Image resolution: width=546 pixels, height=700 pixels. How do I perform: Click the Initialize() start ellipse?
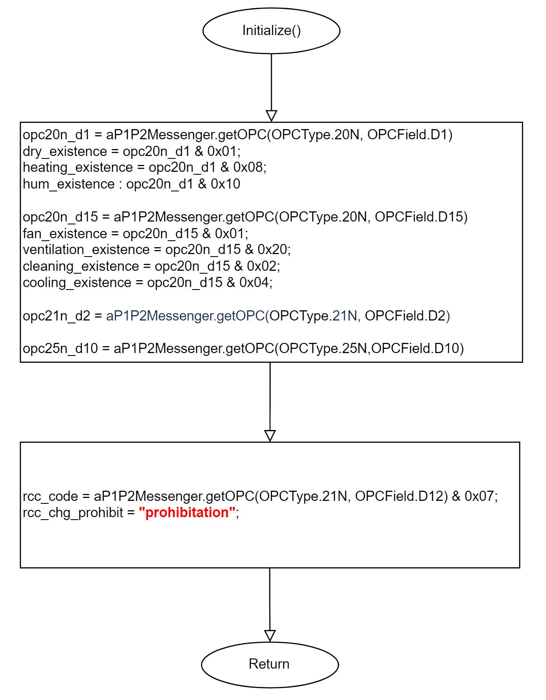tap(271, 31)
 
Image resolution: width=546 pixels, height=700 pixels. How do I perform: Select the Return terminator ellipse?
tap(270, 664)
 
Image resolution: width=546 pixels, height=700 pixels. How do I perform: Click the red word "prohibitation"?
tap(187, 512)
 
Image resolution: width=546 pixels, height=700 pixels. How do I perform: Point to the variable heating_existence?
tap(78, 168)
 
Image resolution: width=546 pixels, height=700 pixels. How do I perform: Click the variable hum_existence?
tap(69, 184)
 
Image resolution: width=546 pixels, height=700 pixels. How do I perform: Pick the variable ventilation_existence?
tap(86, 250)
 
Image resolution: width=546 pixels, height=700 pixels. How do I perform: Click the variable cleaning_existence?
tap(81, 266)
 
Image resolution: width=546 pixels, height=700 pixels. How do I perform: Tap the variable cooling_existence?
tap(77, 283)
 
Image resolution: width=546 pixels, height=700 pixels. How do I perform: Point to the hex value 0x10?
tap(225, 184)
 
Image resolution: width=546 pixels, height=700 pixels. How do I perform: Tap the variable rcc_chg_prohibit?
tap(73, 512)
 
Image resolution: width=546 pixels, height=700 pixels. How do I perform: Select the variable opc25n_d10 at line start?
tap(61, 349)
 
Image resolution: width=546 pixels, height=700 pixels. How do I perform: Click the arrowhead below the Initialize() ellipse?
tap(271, 116)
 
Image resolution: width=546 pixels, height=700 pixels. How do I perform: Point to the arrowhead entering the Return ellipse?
tap(270, 636)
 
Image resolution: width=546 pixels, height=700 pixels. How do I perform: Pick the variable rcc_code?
tap(50, 496)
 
